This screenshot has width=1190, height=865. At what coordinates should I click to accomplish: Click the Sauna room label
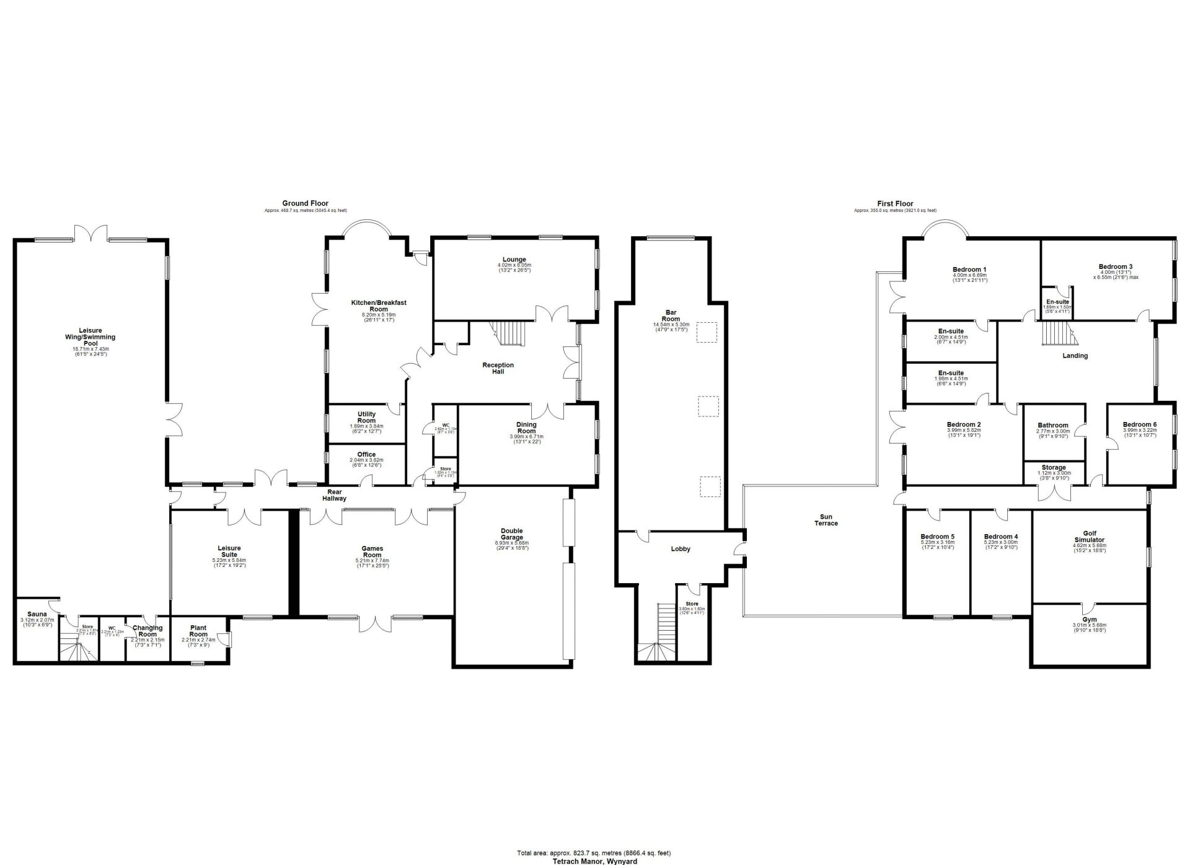(x=37, y=614)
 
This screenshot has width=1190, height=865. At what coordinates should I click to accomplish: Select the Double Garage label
(x=511, y=534)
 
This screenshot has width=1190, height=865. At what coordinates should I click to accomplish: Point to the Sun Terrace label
(x=826, y=520)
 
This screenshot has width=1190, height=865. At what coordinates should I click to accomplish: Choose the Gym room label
(x=1089, y=620)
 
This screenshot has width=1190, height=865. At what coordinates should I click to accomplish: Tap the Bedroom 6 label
(x=1139, y=424)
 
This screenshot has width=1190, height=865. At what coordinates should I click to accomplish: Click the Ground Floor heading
(x=305, y=203)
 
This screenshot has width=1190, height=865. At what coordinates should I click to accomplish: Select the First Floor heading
(x=895, y=203)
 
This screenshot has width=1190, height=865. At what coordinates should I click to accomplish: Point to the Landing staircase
(x=1057, y=335)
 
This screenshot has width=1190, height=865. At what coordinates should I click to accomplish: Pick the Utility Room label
(x=366, y=417)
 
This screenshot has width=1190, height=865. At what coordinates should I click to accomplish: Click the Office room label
(x=366, y=455)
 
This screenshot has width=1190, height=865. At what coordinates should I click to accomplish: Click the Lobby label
(x=680, y=549)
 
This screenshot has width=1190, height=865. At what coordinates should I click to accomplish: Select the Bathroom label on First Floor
(x=1053, y=426)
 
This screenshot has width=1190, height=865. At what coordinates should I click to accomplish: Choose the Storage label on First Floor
(x=1053, y=468)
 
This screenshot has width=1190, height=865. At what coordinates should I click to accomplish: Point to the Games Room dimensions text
(x=372, y=563)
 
